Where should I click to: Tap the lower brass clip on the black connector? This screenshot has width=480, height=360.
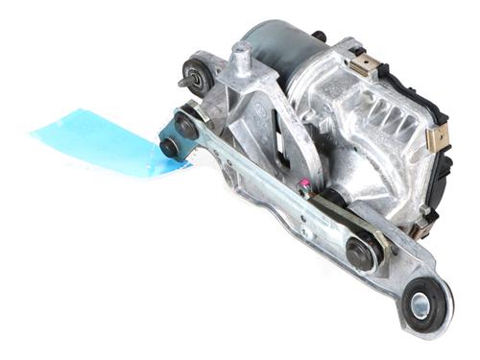click(x=434, y=141)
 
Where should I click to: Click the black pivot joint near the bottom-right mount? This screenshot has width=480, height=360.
click(x=363, y=254)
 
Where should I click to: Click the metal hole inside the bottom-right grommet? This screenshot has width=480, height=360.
click(x=420, y=307)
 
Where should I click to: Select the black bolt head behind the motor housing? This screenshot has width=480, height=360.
click(x=320, y=36)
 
